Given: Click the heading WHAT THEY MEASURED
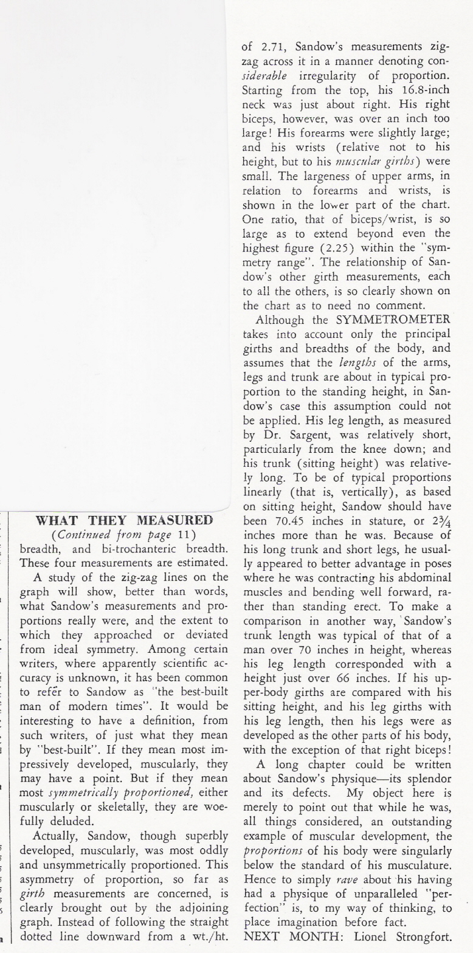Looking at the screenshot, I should point(124,520).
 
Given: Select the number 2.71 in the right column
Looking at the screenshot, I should point(268,46).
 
